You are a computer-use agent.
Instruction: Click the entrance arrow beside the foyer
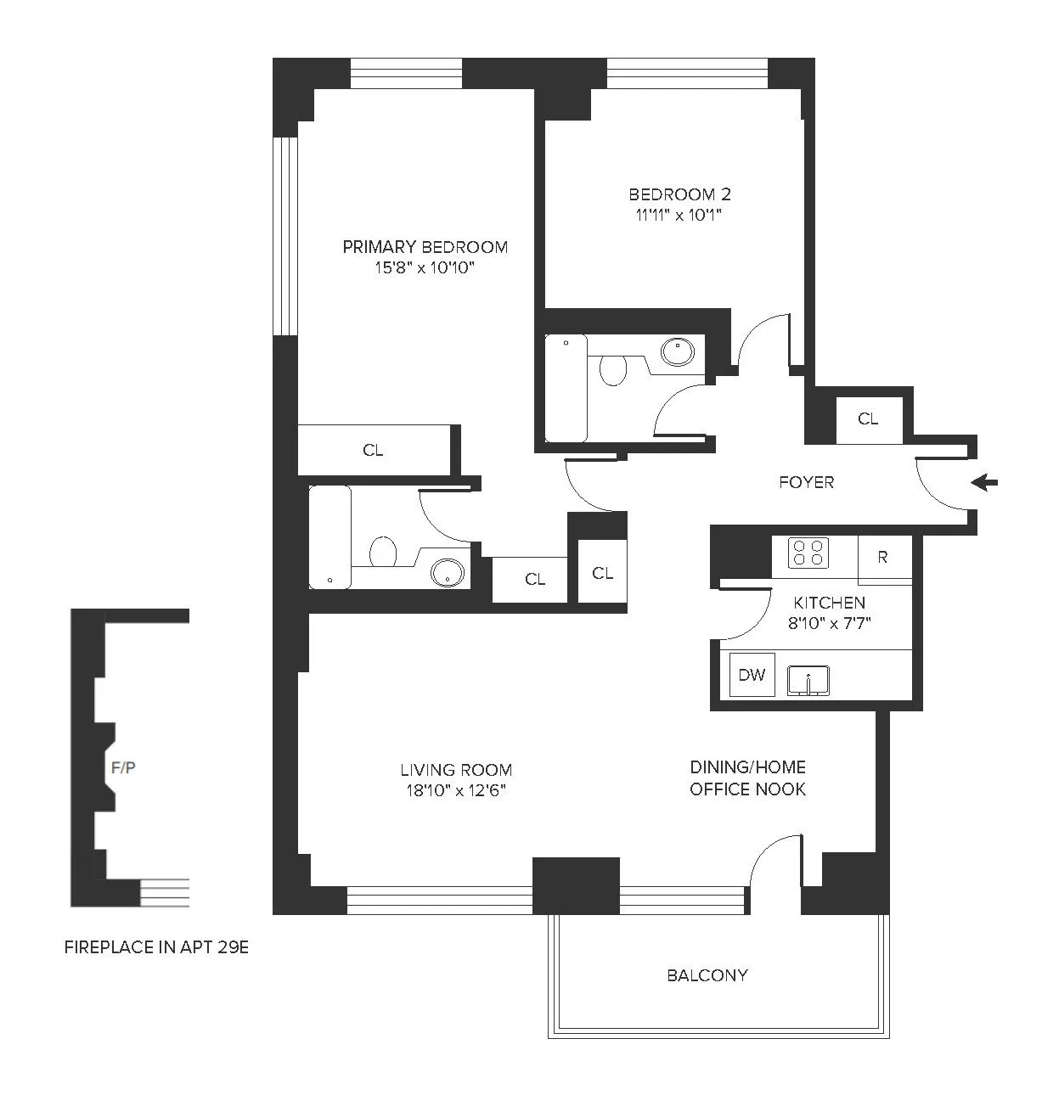point(985,483)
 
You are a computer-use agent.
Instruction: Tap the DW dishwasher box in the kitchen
point(752,676)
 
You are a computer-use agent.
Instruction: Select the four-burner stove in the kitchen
point(808,553)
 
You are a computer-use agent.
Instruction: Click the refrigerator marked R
point(883,558)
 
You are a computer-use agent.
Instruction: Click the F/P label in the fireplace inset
point(124,768)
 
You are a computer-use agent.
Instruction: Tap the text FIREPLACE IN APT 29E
point(156,947)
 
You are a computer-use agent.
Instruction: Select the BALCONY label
point(707,975)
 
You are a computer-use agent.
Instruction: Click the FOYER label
point(806,482)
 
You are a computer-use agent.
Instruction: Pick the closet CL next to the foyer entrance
point(868,419)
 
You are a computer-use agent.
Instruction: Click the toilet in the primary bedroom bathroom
point(384,553)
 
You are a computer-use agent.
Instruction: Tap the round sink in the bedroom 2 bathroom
point(677,352)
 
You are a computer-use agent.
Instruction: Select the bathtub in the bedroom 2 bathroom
point(566,388)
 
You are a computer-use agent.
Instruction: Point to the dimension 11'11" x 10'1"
point(679,215)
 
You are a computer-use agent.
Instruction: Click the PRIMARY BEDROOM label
point(425,247)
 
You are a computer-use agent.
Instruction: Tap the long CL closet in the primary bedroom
point(373,451)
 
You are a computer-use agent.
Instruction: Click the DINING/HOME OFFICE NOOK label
point(747,778)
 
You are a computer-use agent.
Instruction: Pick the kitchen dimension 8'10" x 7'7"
point(830,622)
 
